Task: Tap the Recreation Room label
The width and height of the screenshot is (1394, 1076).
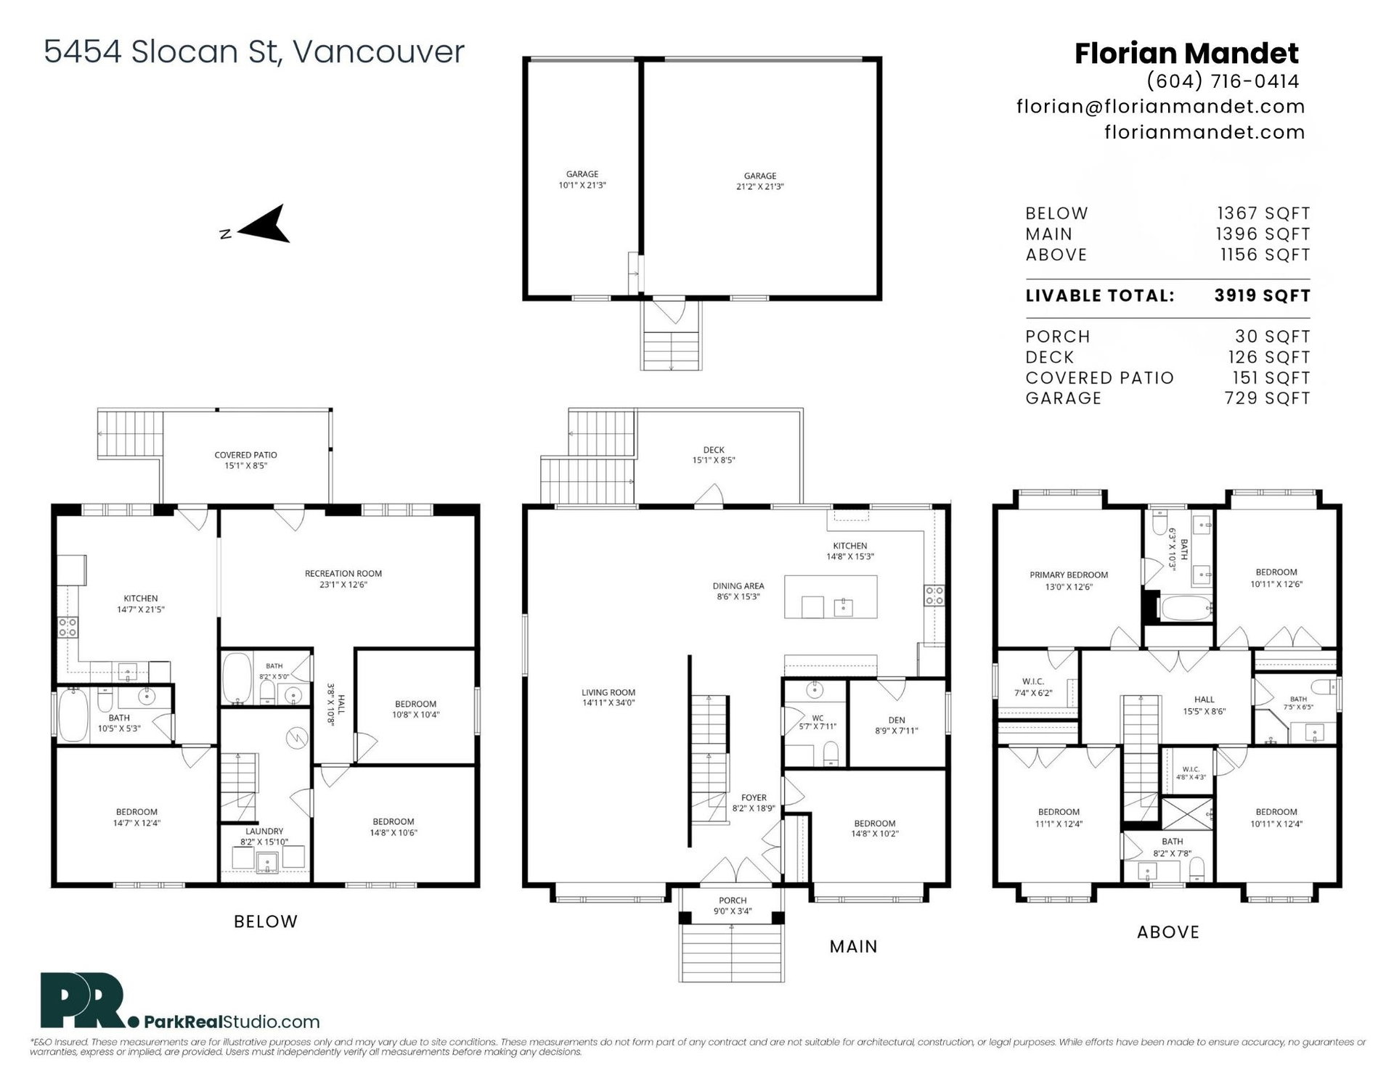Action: (343, 579)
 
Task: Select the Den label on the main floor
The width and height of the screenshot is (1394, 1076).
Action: (897, 725)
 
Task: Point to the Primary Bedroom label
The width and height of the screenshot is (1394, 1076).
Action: (1069, 580)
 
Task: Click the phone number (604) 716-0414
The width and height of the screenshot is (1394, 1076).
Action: (1223, 81)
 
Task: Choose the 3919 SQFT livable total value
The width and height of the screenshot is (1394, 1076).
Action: (1262, 295)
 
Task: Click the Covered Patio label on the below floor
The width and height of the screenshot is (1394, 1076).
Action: (245, 460)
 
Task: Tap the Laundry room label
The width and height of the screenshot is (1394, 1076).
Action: (264, 837)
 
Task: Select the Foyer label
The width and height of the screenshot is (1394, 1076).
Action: (754, 802)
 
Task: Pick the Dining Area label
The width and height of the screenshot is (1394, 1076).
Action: (738, 591)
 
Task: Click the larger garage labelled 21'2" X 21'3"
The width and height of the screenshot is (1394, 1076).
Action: (760, 181)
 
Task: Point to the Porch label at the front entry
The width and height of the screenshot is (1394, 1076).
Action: (733, 905)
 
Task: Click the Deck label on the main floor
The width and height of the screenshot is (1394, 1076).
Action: (714, 455)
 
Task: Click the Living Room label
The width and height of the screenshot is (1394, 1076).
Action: (608, 697)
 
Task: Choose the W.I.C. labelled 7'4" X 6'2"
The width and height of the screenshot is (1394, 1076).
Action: (1032, 687)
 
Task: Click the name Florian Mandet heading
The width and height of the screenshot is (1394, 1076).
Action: (1186, 53)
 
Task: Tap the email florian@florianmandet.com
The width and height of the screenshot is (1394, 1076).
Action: (1160, 107)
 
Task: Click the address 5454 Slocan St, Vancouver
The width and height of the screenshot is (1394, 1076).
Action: (254, 52)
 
